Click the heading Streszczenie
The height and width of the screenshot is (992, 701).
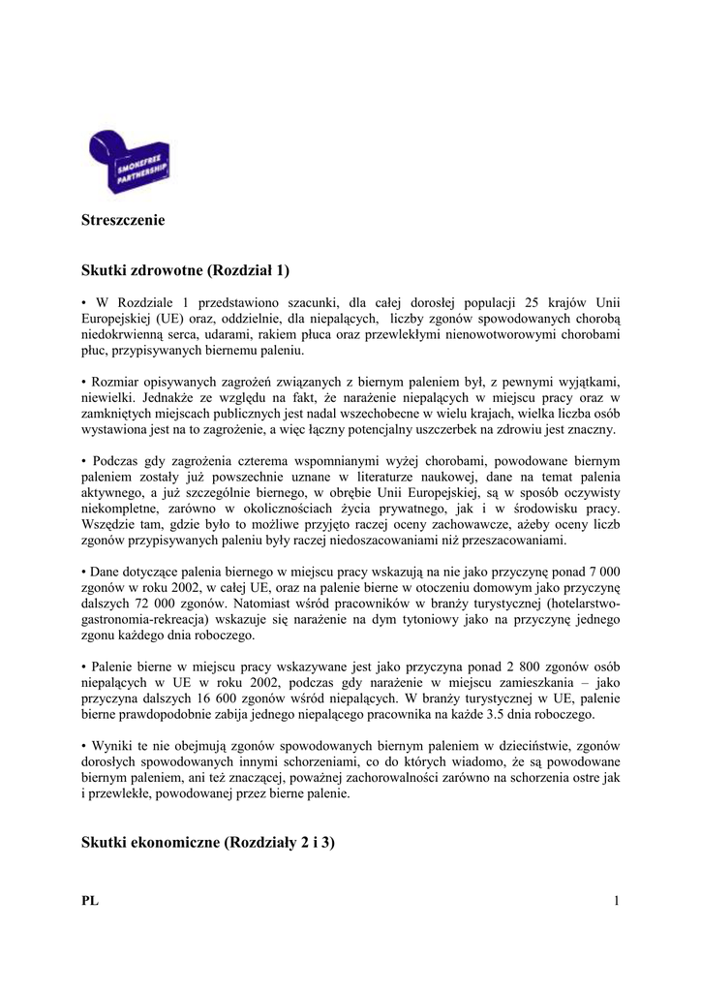tap(124, 220)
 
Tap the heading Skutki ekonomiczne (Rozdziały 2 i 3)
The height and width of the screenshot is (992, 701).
tap(208, 843)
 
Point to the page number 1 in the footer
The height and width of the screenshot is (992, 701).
tap(615, 902)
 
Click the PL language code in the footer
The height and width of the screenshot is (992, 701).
tap(90, 902)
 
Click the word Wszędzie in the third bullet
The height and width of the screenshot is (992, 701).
tap(110, 524)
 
